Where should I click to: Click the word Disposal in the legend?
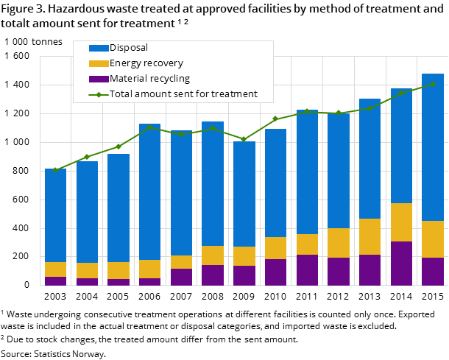click(129, 48)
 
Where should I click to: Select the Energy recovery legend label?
click(146, 63)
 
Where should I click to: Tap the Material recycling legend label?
click(149, 79)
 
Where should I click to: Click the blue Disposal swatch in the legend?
click(98, 48)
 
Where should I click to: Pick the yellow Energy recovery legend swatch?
click(98, 63)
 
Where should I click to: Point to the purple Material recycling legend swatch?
click(98, 79)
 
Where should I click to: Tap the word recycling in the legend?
click(169, 79)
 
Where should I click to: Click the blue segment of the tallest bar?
click(433, 147)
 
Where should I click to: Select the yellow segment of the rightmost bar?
click(433, 239)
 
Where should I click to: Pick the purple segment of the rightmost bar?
click(433, 272)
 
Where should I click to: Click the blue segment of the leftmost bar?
click(55, 215)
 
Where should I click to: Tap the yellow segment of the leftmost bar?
click(55, 269)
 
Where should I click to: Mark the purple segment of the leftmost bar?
click(55, 281)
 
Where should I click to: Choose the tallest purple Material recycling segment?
click(401, 264)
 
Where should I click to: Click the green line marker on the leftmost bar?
click(55, 170)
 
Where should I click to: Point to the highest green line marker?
click(432, 84)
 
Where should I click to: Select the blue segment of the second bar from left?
click(87, 212)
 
